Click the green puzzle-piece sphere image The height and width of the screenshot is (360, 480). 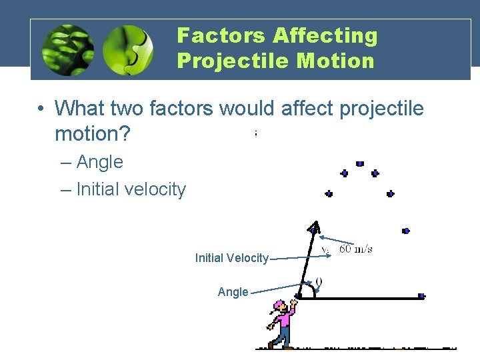click(x=128, y=51)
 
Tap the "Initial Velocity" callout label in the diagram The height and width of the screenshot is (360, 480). click(x=231, y=258)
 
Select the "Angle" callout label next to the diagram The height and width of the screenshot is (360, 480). click(x=233, y=292)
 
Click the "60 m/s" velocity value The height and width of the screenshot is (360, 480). click(x=356, y=249)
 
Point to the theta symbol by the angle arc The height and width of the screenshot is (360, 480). click(x=319, y=283)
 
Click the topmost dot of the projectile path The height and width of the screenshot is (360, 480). click(x=360, y=163)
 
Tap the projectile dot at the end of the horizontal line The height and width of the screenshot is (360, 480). click(x=421, y=295)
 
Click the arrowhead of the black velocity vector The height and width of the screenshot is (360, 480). click(x=314, y=227)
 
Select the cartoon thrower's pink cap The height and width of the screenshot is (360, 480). click(x=279, y=305)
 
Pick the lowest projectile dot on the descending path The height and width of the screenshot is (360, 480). click(x=406, y=231)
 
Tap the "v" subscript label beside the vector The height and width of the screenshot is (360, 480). click(x=325, y=250)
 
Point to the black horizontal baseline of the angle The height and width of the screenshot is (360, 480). click(x=367, y=299)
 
